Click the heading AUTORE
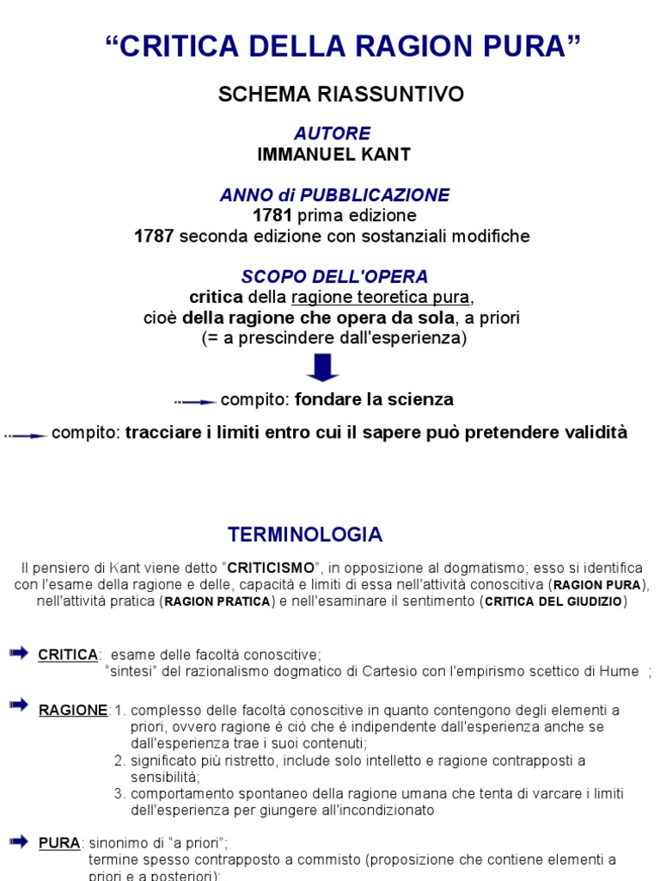[x=333, y=133]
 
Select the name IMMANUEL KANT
[x=333, y=155]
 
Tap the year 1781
[x=272, y=215]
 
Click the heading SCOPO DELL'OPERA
[x=334, y=277]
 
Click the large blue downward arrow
[x=322, y=367]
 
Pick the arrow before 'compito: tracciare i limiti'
[x=26, y=435]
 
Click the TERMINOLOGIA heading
[x=304, y=534]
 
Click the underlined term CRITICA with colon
[x=69, y=655]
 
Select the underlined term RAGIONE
[x=74, y=710]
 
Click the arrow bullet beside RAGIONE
[x=19, y=706]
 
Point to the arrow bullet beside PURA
[x=19, y=840]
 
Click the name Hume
[x=618, y=672]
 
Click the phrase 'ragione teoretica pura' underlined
[x=382, y=298]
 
